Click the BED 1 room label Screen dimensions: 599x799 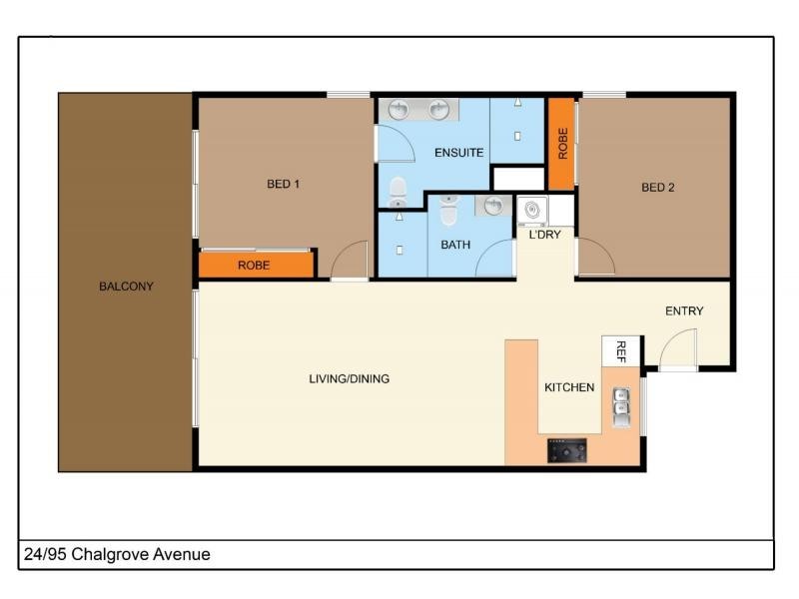pyautogui.click(x=284, y=184)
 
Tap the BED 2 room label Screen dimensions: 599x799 pyautogui.click(x=658, y=187)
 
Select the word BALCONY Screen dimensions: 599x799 pyautogui.click(x=126, y=287)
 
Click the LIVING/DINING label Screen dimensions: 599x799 pyautogui.click(x=349, y=378)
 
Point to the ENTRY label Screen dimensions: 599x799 pyautogui.click(x=684, y=310)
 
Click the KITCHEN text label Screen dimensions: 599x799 pyautogui.click(x=569, y=387)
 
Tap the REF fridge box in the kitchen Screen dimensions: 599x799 pyautogui.click(x=620, y=350)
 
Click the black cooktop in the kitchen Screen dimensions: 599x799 pyautogui.click(x=566, y=452)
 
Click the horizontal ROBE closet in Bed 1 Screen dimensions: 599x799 pyautogui.click(x=256, y=266)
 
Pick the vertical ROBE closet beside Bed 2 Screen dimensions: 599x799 pyautogui.click(x=562, y=144)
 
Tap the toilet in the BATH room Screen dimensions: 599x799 pyautogui.click(x=447, y=211)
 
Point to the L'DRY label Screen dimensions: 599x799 pyautogui.click(x=544, y=235)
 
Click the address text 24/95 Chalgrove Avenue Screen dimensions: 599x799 pyautogui.click(x=117, y=554)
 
